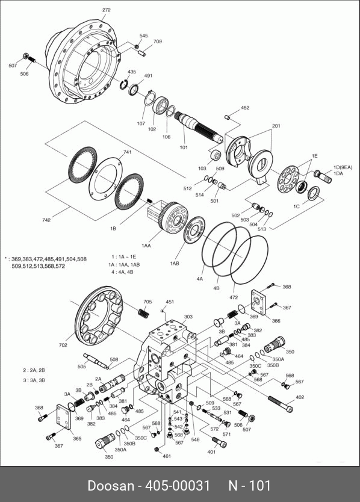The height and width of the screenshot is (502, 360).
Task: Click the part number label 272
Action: click(107, 10)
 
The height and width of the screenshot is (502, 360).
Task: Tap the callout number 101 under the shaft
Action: click(184, 147)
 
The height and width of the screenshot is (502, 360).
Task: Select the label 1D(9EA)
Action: click(343, 167)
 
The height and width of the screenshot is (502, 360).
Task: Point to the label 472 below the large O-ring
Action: click(234, 297)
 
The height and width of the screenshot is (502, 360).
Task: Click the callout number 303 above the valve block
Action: click(188, 317)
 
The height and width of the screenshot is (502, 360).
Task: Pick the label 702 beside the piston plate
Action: click(63, 345)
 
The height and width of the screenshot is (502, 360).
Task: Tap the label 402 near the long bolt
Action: click(300, 397)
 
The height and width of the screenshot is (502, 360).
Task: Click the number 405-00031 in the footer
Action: click(178, 486)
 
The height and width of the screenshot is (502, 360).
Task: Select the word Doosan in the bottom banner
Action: click(111, 486)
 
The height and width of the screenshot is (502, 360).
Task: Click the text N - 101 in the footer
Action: click(249, 486)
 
